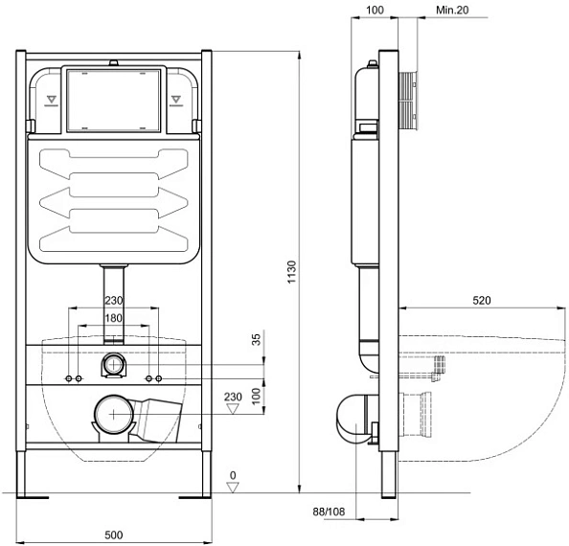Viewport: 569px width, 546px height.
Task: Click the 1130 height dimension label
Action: point(292,272)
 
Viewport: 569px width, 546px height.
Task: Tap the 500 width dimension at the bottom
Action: point(114,535)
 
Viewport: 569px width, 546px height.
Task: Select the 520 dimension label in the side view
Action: point(482,301)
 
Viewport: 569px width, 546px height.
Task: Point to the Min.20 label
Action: point(452,11)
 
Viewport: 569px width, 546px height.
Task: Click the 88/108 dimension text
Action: point(329,512)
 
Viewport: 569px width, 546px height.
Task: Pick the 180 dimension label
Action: point(113,318)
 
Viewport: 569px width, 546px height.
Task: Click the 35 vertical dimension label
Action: point(256,339)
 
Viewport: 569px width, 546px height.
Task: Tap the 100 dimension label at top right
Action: point(375,11)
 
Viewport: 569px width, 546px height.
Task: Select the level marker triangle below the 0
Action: point(233,487)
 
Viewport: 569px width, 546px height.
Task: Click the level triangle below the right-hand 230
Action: point(232,409)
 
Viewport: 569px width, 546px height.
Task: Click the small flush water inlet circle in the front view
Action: point(114,364)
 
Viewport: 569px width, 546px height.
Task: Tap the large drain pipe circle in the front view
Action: point(114,415)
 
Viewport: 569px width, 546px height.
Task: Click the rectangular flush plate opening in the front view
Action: point(114,101)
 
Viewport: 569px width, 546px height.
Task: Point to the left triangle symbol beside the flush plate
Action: point(51,100)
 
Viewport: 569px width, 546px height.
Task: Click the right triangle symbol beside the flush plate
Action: point(176,100)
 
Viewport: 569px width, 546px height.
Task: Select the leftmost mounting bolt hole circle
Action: point(69,378)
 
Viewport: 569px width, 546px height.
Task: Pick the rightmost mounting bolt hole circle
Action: point(159,378)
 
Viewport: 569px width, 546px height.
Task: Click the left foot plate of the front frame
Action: point(33,497)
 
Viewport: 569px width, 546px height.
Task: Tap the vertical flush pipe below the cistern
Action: point(114,304)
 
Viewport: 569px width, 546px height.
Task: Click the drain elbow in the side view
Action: point(353,419)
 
